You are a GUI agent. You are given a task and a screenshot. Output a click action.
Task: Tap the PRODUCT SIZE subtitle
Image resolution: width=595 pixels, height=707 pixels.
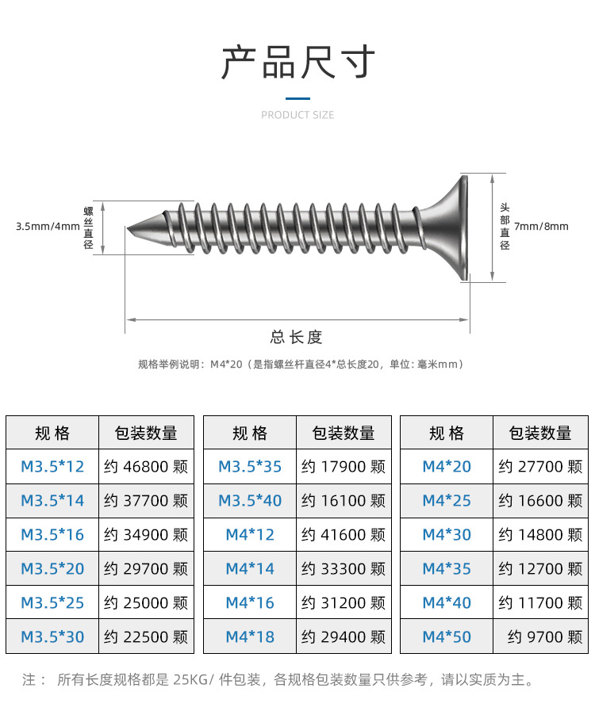click(x=297, y=115)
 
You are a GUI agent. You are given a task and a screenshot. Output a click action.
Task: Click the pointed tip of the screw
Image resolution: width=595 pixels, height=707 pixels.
click(x=129, y=230)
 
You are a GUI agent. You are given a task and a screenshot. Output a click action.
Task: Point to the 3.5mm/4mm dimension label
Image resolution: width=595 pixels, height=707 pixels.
click(x=48, y=227)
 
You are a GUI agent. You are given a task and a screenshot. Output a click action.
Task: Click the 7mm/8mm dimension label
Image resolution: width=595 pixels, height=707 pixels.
click(x=541, y=227)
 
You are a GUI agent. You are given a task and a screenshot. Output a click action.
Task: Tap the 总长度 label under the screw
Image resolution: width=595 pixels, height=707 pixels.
click(x=297, y=337)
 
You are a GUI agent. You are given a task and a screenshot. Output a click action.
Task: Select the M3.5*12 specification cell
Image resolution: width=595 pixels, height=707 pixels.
click(x=52, y=467)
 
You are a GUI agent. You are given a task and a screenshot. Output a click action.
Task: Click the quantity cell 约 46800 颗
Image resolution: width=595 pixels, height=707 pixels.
click(x=146, y=467)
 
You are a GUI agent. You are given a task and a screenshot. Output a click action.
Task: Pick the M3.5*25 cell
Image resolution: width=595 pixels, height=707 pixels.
click(x=52, y=603)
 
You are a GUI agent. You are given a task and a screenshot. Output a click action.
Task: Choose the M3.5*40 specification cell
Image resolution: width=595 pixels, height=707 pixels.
click(x=250, y=501)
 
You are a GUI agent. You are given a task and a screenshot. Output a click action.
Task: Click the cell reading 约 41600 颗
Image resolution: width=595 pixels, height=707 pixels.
click(x=344, y=535)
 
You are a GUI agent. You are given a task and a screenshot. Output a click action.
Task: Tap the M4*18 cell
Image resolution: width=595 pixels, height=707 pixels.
click(x=250, y=637)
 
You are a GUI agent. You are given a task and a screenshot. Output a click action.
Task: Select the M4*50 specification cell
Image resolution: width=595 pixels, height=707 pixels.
click(x=447, y=637)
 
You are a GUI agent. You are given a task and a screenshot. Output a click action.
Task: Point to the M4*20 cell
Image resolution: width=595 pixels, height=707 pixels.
click(x=447, y=467)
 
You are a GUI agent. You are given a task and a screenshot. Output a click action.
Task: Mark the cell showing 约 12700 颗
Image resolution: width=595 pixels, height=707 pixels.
click(x=540, y=569)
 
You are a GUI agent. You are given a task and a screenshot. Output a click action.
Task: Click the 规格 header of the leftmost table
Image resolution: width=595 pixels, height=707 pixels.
click(x=52, y=434)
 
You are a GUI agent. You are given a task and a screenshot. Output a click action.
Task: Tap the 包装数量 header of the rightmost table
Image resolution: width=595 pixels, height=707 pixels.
click(x=540, y=434)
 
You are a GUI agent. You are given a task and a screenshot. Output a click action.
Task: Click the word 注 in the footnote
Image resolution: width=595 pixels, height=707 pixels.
click(x=29, y=680)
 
